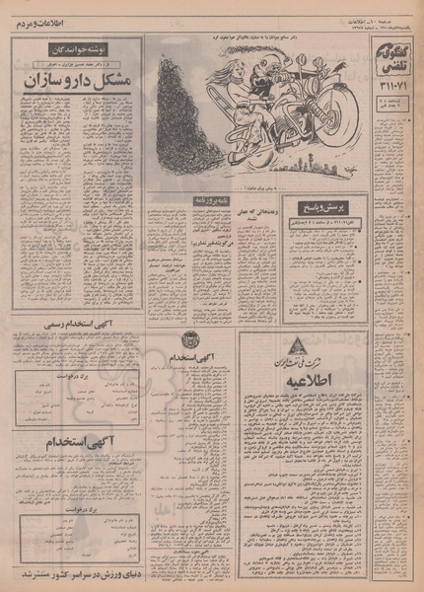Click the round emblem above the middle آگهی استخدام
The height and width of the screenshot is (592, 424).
[191, 340]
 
